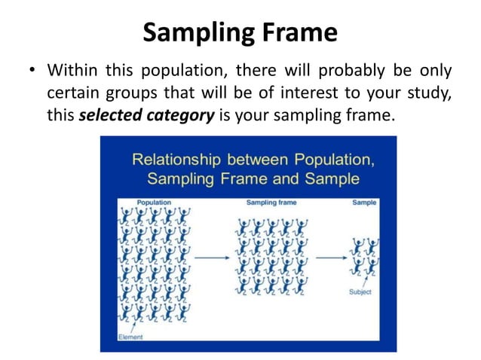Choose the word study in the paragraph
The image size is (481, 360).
point(430,93)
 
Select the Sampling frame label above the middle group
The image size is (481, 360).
point(271,203)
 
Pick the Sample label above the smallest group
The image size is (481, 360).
point(364,203)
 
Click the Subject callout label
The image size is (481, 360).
point(360,291)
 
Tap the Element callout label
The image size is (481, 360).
point(130,337)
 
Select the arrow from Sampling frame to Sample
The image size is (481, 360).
point(330,258)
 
